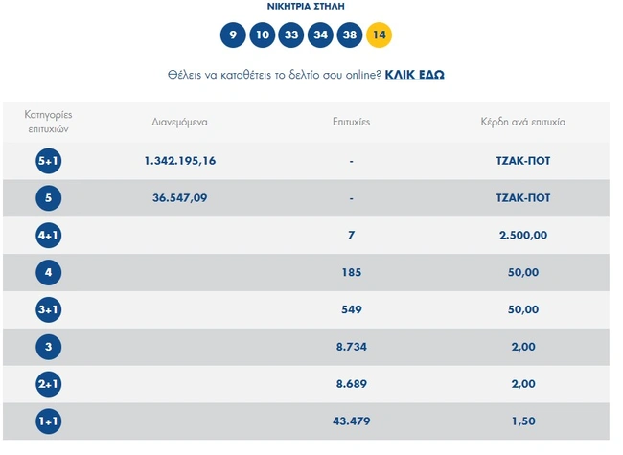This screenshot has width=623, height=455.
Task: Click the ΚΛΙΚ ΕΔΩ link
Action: coord(414,75)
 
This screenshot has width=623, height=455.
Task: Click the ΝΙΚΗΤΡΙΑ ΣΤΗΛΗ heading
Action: coord(306,6)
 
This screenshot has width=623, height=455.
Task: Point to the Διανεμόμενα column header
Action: coord(180,123)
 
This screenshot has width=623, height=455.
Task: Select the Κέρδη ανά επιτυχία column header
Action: coord(523,123)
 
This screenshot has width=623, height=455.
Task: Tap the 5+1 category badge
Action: coord(48,161)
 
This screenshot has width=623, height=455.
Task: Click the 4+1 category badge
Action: coord(48,236)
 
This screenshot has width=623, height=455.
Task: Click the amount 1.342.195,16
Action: coord(180,161)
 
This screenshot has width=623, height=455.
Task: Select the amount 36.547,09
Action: coord(180,198)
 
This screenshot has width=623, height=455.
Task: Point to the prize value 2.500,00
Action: coord(523,236)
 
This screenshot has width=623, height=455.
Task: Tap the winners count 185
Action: coord(352,273)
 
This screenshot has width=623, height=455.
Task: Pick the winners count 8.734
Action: coord(352,347)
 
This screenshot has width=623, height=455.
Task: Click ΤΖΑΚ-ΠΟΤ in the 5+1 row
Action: coord(523,161)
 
